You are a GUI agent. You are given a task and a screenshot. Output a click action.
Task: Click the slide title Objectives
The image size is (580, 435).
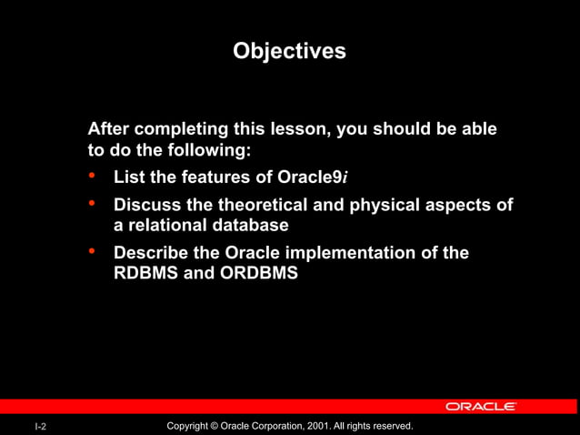pyautogui.click(x=289, y=51)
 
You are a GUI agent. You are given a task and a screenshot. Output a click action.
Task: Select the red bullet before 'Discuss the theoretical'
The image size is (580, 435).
pyautogui.click(x=92, y=205)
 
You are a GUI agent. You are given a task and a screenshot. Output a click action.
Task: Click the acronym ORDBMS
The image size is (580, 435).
pyautogui.click(x=258, y=272)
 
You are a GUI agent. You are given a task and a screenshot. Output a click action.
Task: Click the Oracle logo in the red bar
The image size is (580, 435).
pyautogui.click(x=481, y=406)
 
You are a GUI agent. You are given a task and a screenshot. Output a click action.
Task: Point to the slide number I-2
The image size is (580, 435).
pyautogui.click(x=41, y=427)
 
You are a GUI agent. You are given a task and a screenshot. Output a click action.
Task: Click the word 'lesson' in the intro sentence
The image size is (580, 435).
pyautogui.click(x=298, y=129)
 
